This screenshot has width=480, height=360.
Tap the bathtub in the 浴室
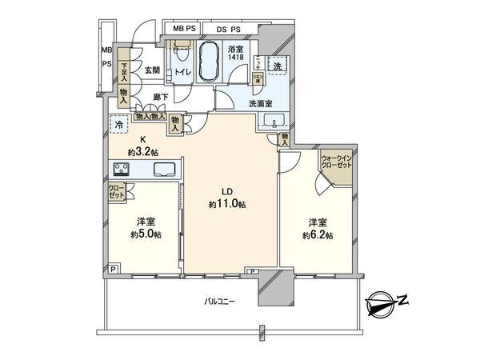tap(210, 63)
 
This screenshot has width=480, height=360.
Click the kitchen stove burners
tap(122, 169)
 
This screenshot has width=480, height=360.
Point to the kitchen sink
tap(166, 170)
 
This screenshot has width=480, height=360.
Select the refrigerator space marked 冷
tap(119, 126)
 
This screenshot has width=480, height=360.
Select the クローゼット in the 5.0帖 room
tap(117, 192)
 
